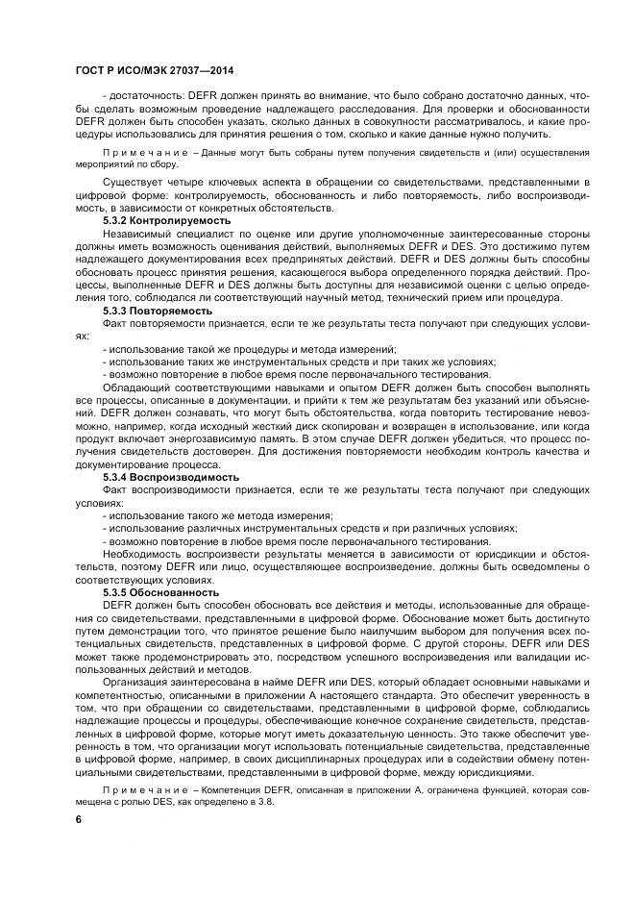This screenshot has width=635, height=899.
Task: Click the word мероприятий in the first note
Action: (x=104, y=163)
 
